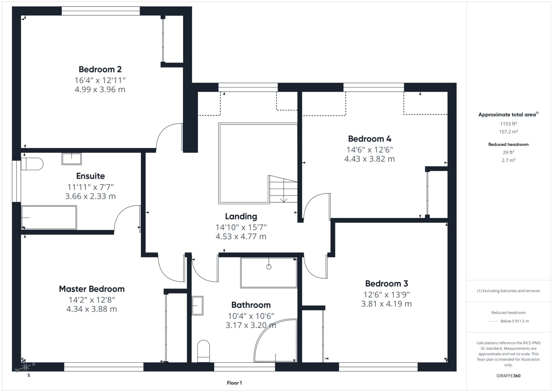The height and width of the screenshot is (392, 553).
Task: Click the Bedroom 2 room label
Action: pyautogui.click(x=100, y=69)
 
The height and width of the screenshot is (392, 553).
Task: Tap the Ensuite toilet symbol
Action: pyautogui.click(x=32, y=164)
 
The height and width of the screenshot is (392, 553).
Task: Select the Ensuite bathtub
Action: pyautogui.click(x=49, y=217)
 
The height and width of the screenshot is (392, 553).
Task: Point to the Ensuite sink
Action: pyautogui.click(x=71, y=159)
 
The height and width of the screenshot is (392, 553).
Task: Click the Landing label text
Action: pyautogui.click(x=241, y=216)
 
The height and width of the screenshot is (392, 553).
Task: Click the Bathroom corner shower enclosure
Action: pyautogui.click(x=275, y=340)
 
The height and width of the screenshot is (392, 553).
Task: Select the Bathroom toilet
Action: pyautogui.click(x=204, y=351)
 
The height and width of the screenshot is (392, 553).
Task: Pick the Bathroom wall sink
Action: pyautogui.click(x=197, y=306)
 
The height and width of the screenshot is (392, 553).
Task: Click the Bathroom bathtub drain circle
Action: pyautogui.click(x=269, y=267)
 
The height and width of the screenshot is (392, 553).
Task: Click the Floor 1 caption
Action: pyautogui.click(x=234, y=383)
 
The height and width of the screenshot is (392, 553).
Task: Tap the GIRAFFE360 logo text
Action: pyautogui.click(x=508, y=376)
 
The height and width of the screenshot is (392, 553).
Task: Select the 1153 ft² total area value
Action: pyautogui.click(x=508, y=124)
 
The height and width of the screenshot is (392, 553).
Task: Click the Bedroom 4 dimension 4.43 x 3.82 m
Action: pyautogui.click(x=369, y=159)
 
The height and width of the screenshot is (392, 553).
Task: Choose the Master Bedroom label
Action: pyautogui.click(x=92, y=289)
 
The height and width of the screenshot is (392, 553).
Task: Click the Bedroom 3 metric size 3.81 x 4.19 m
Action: pyautogui.click(x=387, y=304)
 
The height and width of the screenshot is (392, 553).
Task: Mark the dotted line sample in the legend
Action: pyautogui.click(x=493, y=321)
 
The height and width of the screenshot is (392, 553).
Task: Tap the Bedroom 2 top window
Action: pyautogui.click(x=101, y=11)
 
